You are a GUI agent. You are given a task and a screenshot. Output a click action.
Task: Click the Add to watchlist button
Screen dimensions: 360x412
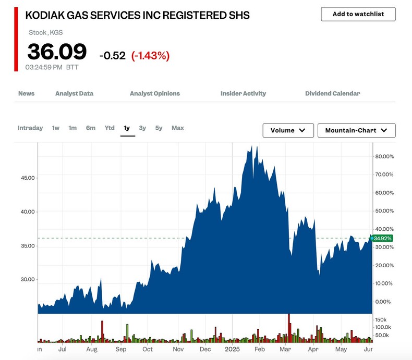click(358, 14)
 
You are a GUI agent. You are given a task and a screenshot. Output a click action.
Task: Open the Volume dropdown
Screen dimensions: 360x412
click(288, 130)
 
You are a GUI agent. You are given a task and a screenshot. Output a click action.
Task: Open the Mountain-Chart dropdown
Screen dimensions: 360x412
click(356, 130)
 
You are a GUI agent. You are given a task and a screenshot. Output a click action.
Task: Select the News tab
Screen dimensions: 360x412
click(26, 94)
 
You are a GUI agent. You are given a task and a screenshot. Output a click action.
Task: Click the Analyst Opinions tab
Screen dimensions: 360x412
click(154, 94)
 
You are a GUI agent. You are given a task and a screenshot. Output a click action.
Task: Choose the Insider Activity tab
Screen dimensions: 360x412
click(243, 94)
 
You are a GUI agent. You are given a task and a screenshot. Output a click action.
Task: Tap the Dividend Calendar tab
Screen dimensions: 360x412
click(332, 94)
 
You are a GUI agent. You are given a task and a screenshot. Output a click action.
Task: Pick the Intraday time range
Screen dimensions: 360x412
click(30, 128)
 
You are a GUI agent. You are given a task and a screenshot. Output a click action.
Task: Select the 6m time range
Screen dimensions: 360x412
click(91, 128)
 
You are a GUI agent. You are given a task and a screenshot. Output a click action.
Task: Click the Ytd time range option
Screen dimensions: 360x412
click(110, 128)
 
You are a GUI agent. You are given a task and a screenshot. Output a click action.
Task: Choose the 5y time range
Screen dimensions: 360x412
click(159, 128)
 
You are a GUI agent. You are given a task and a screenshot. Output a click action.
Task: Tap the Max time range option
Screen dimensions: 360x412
click(178, 128)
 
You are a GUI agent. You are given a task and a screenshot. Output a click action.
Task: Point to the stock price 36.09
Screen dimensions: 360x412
click(57, 52)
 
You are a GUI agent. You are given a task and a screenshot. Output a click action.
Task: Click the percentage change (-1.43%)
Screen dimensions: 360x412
click(150, 55)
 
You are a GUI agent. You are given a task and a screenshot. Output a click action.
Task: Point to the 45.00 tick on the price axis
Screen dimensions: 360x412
click(27, 178)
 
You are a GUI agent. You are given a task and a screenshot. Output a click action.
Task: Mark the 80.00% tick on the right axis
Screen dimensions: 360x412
click(384, 156)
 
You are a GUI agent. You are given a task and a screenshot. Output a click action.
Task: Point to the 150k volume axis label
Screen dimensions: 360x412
click(381, 319)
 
